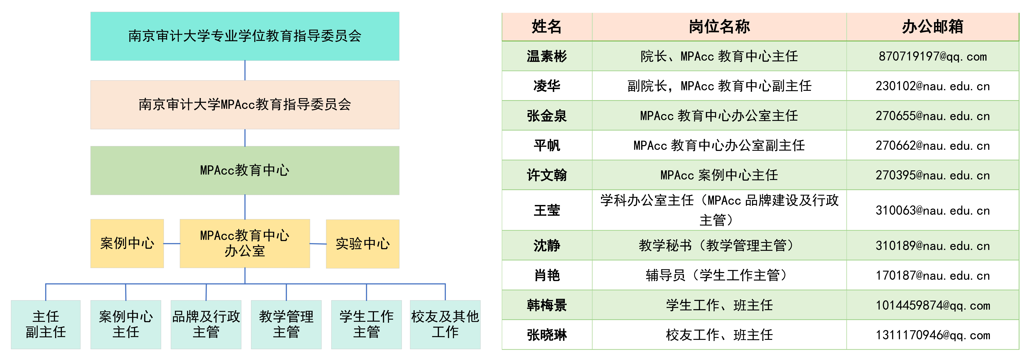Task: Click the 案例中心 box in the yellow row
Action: point(127,243)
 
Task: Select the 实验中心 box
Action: point(363,244)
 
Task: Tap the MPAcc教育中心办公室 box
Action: point(245,243)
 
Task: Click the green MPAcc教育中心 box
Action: point(245,170)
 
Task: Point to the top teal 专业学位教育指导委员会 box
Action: point(245,36)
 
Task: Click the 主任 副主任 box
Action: point(46,324)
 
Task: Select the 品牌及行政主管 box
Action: point(206,324)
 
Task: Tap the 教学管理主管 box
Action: point(286,324)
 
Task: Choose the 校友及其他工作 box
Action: point(445,324)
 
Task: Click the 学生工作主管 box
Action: point(366,324)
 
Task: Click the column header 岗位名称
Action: point(719,27)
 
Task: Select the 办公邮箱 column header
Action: point(932,27)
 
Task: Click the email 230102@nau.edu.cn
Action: point(932,86)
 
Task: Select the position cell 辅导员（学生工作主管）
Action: point(719,275)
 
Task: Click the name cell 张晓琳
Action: point(547,335)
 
